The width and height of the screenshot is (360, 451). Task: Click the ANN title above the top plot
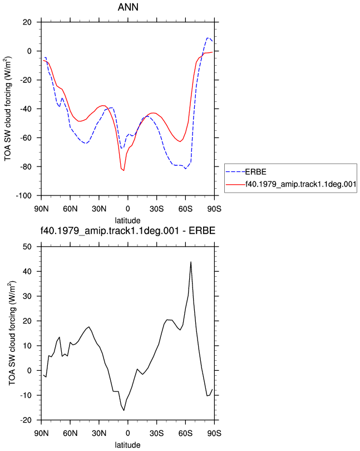(128, 7)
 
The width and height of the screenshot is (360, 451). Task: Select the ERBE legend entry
(255, 172)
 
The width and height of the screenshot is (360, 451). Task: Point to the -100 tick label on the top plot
(23, 196)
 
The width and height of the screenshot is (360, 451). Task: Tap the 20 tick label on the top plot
(27, 22)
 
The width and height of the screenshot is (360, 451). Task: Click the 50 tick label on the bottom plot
(27, 247)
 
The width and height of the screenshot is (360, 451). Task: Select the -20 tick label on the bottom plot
(26, 420)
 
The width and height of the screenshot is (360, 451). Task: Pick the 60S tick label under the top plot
(185, 209)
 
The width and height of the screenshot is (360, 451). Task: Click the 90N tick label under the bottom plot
(41, 433)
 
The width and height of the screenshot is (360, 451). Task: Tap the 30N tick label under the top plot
(99, 209)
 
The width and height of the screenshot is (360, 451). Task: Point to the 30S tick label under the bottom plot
(157, 433)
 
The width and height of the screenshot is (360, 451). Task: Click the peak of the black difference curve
(191, 262)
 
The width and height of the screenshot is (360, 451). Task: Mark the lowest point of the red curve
(124, 170)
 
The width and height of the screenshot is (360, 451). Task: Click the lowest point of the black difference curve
(124, 410)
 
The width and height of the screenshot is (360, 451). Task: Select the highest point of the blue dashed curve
(208, 38)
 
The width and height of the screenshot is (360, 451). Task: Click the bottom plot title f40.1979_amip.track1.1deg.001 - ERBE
(127, 231)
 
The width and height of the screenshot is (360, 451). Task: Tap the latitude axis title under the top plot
(127, 220)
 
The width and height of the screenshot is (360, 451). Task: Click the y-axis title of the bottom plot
(12, 333)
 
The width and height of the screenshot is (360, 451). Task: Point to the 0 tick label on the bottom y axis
(29, 371)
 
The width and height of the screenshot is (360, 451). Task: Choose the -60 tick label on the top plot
(26, 138)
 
